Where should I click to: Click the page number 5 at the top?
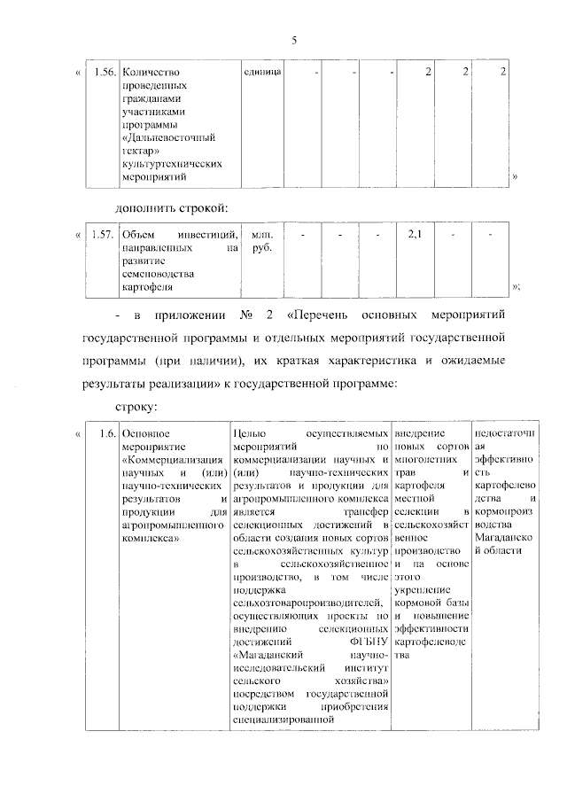(x=293, y=40)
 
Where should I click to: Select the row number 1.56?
(x=103, y=72)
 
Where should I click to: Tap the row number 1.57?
(x=103, y=235)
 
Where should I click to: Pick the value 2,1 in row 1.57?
(x=415, y=235)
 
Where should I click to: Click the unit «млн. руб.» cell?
(x=262, y=242)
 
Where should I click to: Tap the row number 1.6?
(x=106, y=433)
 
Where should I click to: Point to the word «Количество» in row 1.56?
(x=149, y=72)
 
